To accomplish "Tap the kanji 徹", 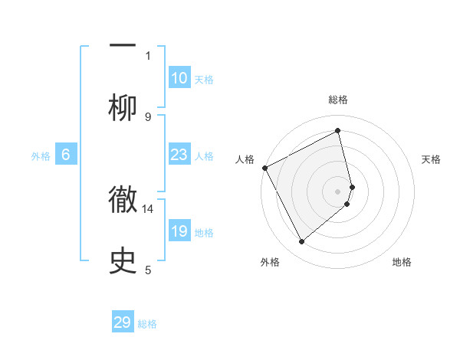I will pos(123,198).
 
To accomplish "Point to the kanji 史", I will pos(123,260).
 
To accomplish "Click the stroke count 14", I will pos(148,208).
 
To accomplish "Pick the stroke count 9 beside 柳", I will pos(148,116).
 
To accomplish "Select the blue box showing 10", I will pos(179,77).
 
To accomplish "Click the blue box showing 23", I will pos(179,155).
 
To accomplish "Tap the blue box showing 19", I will pos(179,231).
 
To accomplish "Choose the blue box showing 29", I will pos(123,322).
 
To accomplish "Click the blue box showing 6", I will pos(66,155).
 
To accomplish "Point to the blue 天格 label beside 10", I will pos(204,79).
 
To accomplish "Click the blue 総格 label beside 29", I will pos(147,324).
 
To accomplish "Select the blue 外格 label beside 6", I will pos(41,156).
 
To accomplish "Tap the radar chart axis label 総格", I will pos(338,100).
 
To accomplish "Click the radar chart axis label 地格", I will pos(402,262).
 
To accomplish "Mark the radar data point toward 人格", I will pos(265,168).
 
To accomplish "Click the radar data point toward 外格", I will pos(301,242).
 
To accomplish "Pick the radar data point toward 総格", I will pos(338,131).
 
